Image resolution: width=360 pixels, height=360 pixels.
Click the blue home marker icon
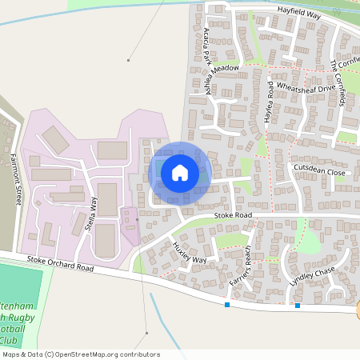tap(180, 172)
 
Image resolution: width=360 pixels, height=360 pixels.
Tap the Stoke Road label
tap(233, 216)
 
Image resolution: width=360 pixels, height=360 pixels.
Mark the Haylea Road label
tap(270, 104)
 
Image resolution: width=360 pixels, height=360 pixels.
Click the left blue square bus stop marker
tap(227, 304)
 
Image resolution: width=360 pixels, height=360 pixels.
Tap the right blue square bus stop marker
tap(298, 305)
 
